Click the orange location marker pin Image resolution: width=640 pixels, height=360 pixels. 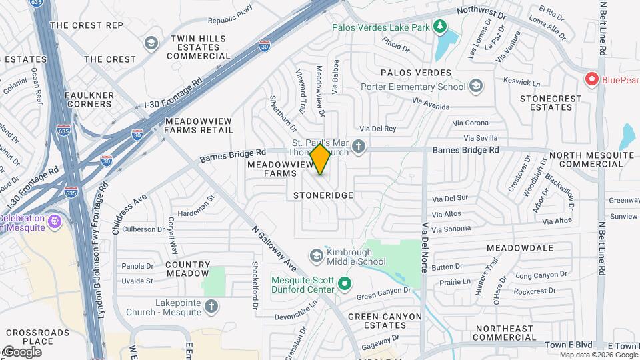click(321, 159)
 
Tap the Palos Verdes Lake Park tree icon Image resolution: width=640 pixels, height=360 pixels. click(439, 27)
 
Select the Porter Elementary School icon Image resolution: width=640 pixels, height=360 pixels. click(476, 87)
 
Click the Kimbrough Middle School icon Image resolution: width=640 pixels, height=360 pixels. click(317, 256)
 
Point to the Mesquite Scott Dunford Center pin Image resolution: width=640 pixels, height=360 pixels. click(345, 285)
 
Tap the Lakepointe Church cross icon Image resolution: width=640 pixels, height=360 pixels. click(211, 307)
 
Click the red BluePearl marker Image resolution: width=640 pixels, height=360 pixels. click(591, 79)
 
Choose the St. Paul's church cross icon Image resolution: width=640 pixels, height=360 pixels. click(359, 147)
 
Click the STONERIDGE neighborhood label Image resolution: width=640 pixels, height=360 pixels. click(323, 195)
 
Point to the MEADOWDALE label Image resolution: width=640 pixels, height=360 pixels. click(519, 248)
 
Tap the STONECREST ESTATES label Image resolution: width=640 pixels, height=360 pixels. click(550, 103)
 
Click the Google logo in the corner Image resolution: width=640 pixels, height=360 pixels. click(21, 352)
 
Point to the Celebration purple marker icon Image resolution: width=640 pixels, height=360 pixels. click(54, 219)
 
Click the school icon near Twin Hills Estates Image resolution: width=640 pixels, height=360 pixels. click(151, 43)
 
